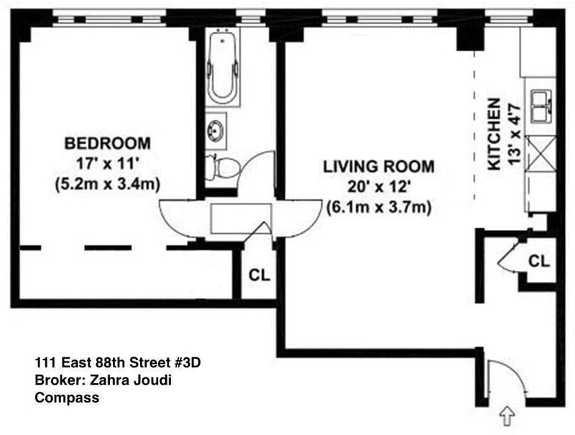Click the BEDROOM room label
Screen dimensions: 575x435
coord(107,143)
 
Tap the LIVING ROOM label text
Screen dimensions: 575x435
coord(379,167)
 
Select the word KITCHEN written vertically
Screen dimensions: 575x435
coord(494,134)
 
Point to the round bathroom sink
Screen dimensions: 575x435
coord(215,130)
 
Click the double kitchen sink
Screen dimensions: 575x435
coord(541,107)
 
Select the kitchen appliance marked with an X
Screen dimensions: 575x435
coord(541,153)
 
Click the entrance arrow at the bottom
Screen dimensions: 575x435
coord(508,416)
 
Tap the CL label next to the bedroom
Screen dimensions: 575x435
coord(259,275)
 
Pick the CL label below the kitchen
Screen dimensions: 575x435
coord(539,261)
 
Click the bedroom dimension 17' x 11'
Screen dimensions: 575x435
coord(107,164)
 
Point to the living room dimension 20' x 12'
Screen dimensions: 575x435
coord(379,188)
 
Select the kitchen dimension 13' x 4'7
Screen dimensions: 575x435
coord(515,134)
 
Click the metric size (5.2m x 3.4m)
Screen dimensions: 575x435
coord(107,184)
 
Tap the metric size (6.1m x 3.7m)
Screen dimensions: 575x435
coord(379,208)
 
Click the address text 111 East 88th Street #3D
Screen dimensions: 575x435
coord(118,363)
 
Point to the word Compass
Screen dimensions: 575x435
coord(67,398)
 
